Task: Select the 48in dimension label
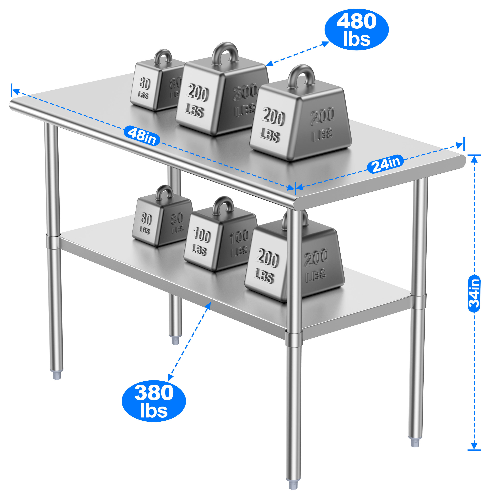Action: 142,136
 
